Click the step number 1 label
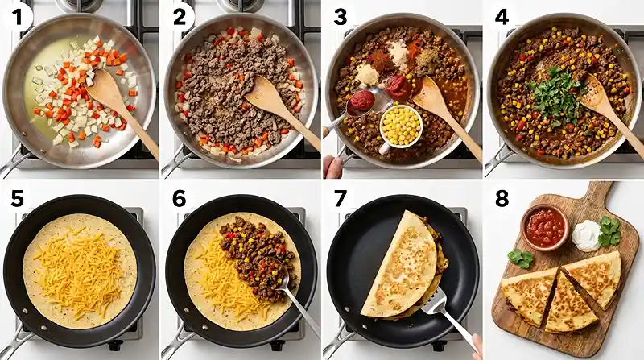click(x=16, y=18)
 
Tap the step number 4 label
click(x=502, y=17)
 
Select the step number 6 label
click(x=180, y=199)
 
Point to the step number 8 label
click(x=502, y=198)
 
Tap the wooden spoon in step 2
click(x=279, y=109)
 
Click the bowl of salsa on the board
click(x=545, y=227)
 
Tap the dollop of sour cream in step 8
click(x=586, y=235)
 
